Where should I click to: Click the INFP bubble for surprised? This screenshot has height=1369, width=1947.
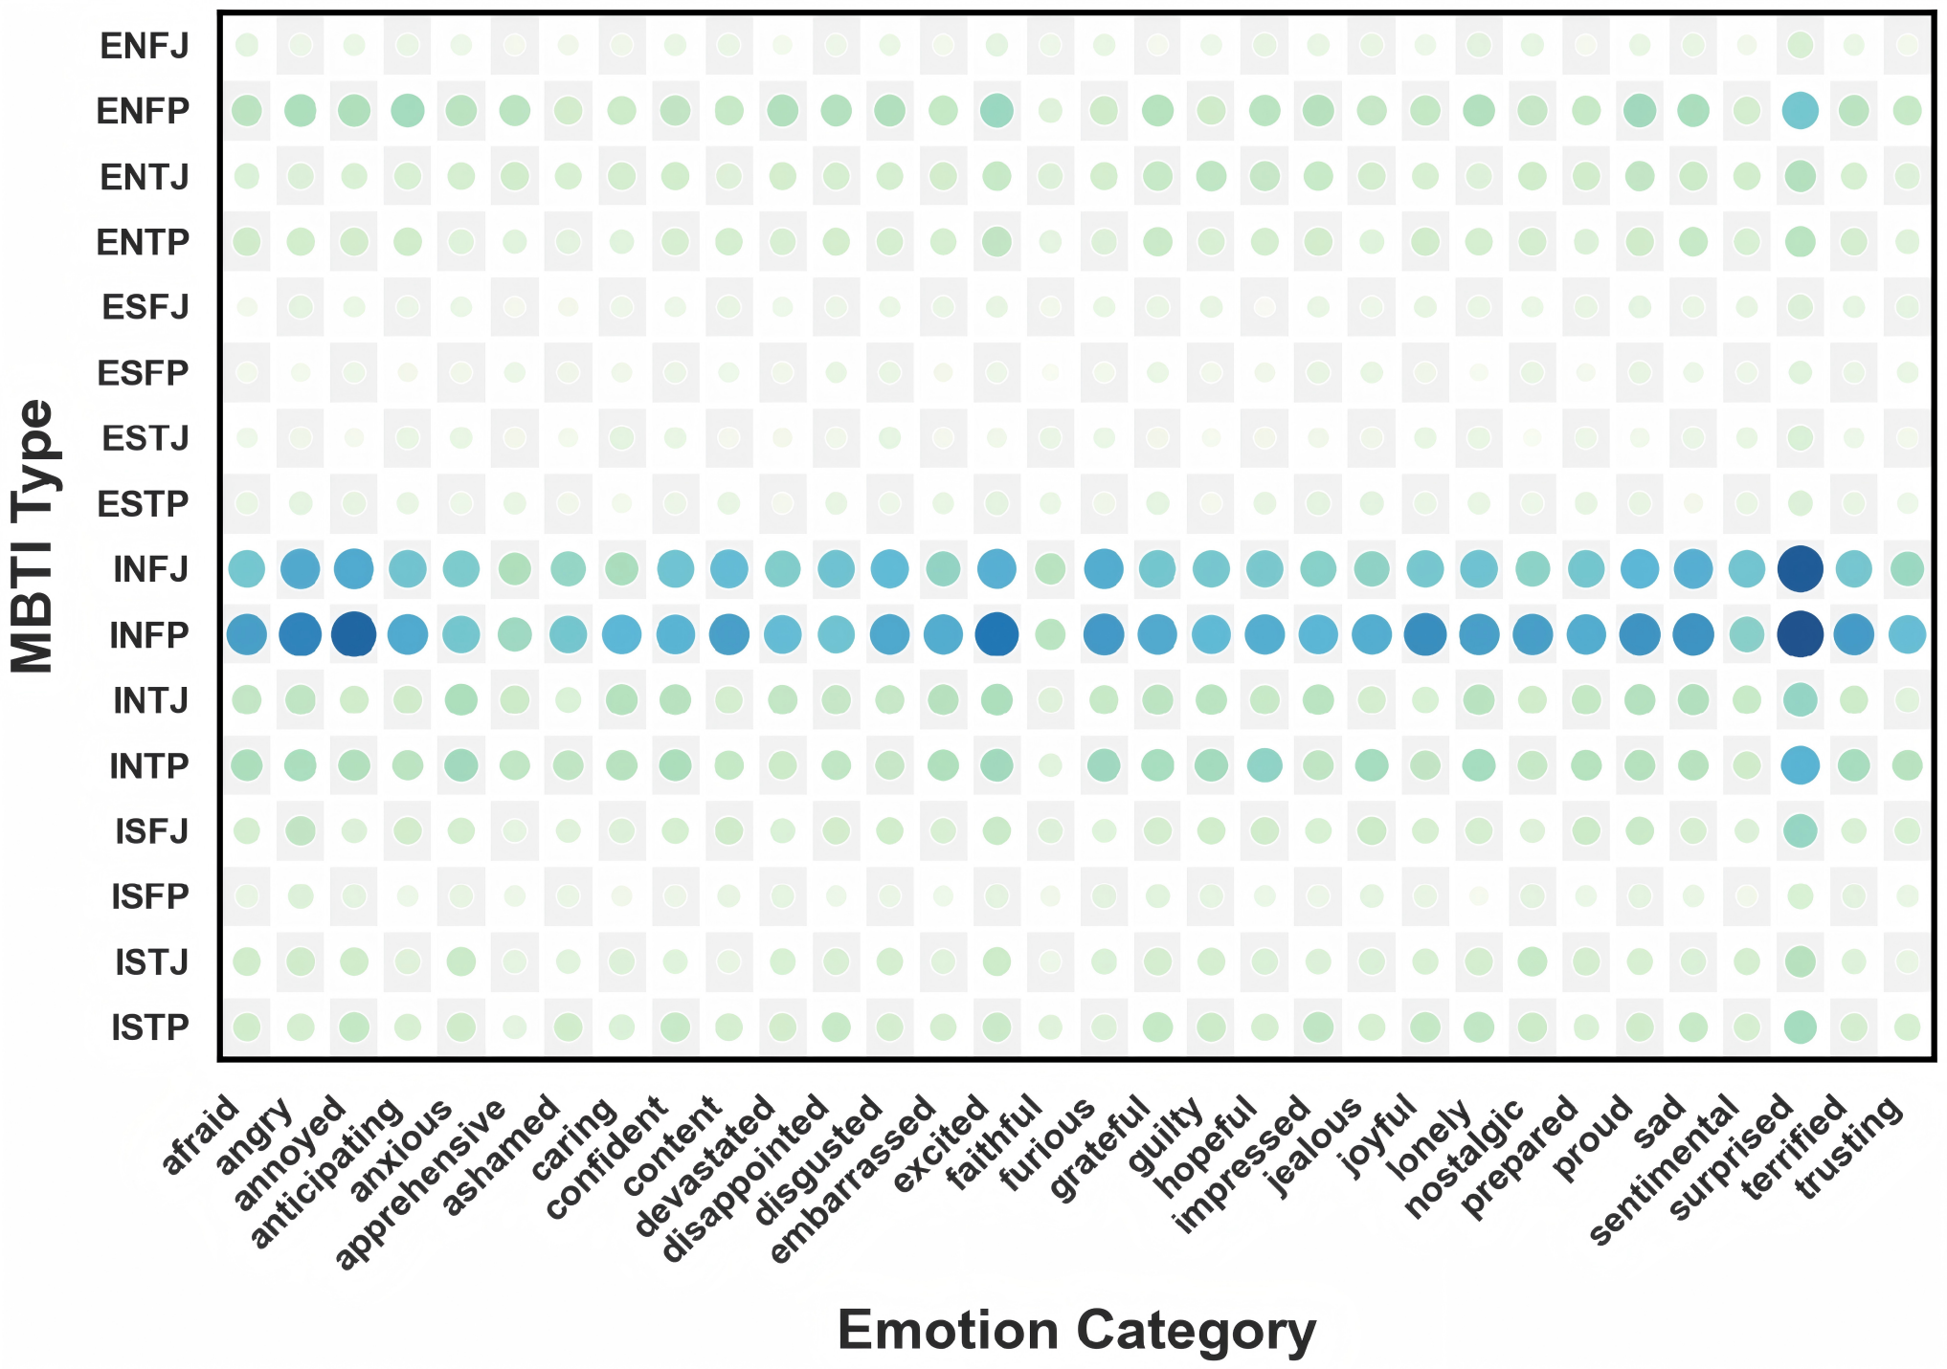(1800, 634)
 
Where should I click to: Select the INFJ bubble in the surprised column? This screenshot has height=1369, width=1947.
(1800, 568)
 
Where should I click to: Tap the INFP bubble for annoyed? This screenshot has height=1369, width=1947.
(353, 634)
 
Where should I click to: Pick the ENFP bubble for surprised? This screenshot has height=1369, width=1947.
(1800, 110)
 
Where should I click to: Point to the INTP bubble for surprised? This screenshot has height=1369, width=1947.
(1800, 765)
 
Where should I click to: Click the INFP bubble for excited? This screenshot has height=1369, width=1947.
(996, 634)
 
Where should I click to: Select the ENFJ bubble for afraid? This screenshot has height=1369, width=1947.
(247, 44)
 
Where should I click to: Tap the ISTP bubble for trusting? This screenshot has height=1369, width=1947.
(1907, 1027)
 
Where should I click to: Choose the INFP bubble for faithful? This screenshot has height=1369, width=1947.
(1050, 634)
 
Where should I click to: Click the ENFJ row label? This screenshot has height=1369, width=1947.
(145, 46)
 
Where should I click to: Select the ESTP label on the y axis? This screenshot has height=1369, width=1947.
(144, 504)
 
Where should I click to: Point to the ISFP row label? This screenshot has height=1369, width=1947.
(150, 897)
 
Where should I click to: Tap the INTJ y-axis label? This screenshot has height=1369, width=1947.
(150, 701)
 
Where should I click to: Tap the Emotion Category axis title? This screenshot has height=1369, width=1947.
(1076, 1331)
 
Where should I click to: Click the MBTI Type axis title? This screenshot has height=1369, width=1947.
(34, 536)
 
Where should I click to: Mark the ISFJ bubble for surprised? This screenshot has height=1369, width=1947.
(1800, 830)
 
